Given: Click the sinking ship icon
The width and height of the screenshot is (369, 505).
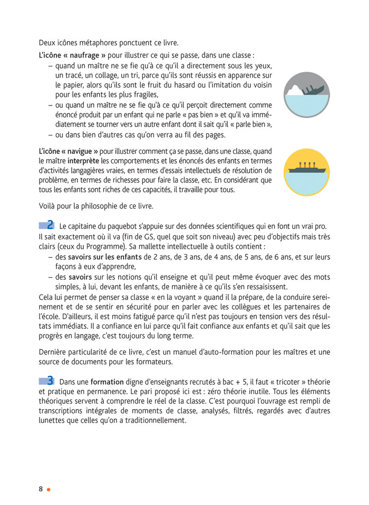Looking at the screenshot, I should point(306,95).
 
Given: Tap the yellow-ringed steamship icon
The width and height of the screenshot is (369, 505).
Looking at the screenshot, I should point(306,172).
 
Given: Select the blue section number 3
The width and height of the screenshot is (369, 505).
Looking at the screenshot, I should point(51,380).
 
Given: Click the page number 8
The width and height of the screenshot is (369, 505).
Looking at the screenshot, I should point(41,489).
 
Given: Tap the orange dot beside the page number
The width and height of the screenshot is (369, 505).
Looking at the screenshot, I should point(48,489).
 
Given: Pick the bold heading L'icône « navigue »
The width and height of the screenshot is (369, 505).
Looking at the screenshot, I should point(69,150).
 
